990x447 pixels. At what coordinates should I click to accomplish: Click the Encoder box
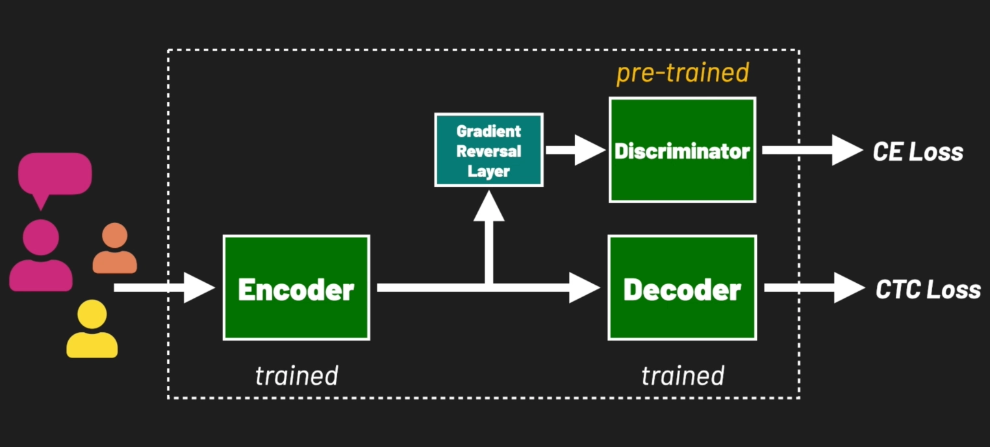(296, 287)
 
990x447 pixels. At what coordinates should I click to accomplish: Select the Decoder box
(682, 287)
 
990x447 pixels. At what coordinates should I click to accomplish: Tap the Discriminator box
(682, 150)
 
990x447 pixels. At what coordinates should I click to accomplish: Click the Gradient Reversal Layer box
(489, 150)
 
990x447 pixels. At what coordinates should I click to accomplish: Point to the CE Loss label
(917, 152)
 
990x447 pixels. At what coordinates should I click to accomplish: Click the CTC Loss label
(928, 289)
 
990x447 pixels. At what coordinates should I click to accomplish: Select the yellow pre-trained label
(682, 73)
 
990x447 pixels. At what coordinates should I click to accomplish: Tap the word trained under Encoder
(296, 376)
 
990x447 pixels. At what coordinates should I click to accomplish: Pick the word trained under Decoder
(682, 376)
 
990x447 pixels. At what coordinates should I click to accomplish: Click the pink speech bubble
(55, 174)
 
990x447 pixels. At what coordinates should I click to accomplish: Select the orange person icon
(115, 250)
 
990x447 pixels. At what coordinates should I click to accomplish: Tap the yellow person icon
(92, 330)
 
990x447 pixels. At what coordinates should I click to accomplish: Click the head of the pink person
(40, 237)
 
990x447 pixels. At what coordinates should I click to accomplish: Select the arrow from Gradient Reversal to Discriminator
(575, 150)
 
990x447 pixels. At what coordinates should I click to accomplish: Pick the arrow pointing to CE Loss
(812, 151)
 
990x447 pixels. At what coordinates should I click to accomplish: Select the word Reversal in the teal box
(489, 151)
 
